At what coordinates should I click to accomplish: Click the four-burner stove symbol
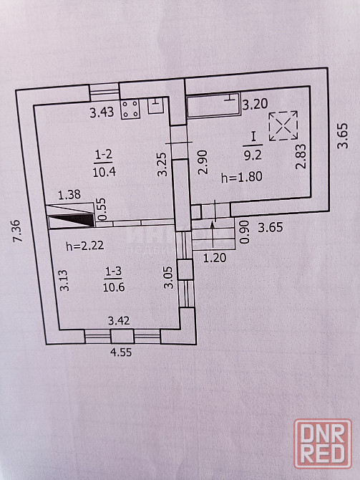[130, 109]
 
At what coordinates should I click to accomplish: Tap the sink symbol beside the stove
[155, 106]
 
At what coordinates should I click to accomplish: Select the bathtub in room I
[213, 105]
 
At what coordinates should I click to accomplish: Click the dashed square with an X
[283, 126]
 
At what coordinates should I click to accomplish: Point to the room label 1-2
[104, 155]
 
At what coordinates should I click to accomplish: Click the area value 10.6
[114, 287]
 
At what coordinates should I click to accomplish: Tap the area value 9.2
[253, 155]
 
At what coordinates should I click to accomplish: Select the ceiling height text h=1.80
[242, 177]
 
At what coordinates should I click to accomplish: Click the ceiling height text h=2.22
[85, 245]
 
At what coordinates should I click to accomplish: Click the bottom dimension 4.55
[121, 352]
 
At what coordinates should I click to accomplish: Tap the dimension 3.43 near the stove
[102, 112]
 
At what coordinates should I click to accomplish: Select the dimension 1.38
[69, 194]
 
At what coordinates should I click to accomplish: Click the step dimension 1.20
[215, 258]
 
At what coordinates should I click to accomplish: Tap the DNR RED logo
[323, 443]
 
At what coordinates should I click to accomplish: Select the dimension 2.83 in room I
[301, 156]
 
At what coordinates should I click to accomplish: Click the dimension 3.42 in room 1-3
[119, 320]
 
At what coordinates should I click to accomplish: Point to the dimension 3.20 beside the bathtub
[255, 104]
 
